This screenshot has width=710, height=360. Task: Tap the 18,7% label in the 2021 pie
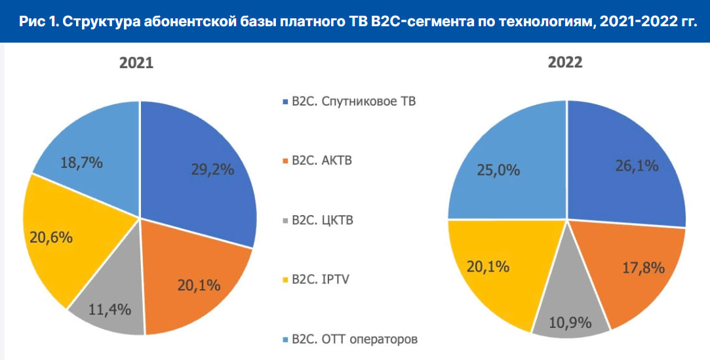[81, 163]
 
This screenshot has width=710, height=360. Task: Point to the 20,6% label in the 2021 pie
[50, 236]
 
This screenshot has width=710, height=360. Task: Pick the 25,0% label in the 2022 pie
[498, 170]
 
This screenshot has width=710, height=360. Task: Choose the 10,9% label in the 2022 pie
[570, 323]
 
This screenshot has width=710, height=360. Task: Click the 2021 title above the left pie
[136, 64]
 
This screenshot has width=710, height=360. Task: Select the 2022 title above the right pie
[565, 64]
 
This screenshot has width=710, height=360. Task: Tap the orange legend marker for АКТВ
[283, 161]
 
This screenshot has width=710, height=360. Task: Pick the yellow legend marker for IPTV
[283, 280]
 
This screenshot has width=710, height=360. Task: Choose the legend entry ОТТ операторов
[355, 339]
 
